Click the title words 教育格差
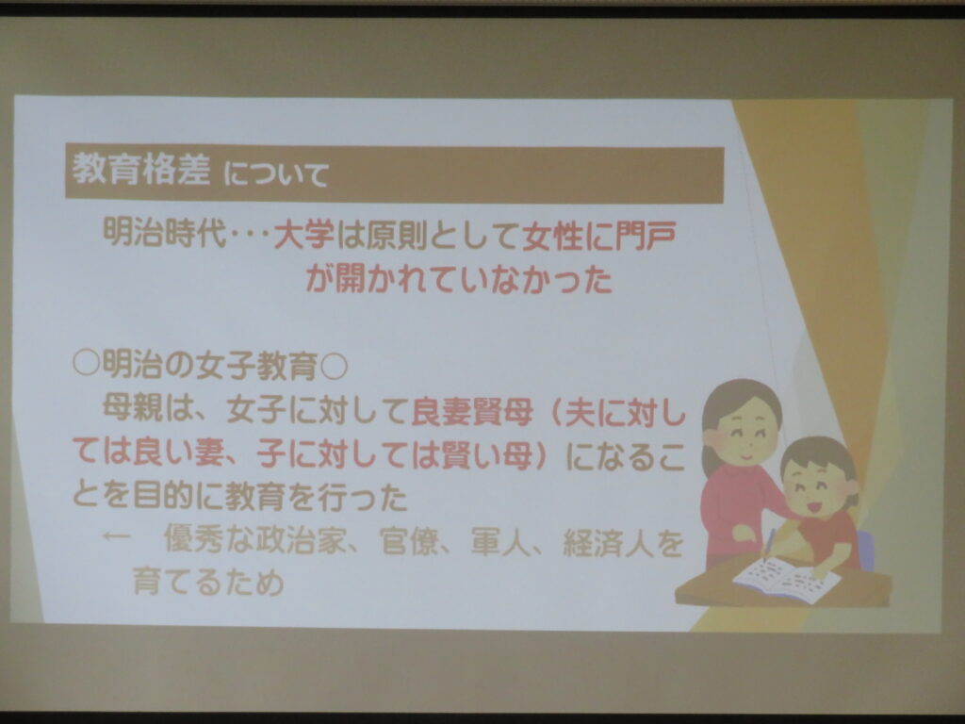pos(141,169)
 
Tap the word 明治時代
pos(165,234)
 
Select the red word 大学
pos(304,235)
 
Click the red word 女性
pos(552,236)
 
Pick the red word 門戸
pos(646,236)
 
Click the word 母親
pos(133,407)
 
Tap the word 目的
pos(164,496)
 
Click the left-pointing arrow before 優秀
pos(116,536)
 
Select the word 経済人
pos(608,542)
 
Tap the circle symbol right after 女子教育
pos(335,368)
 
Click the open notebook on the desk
pos(785,579)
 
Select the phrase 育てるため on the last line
pos(208,582)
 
